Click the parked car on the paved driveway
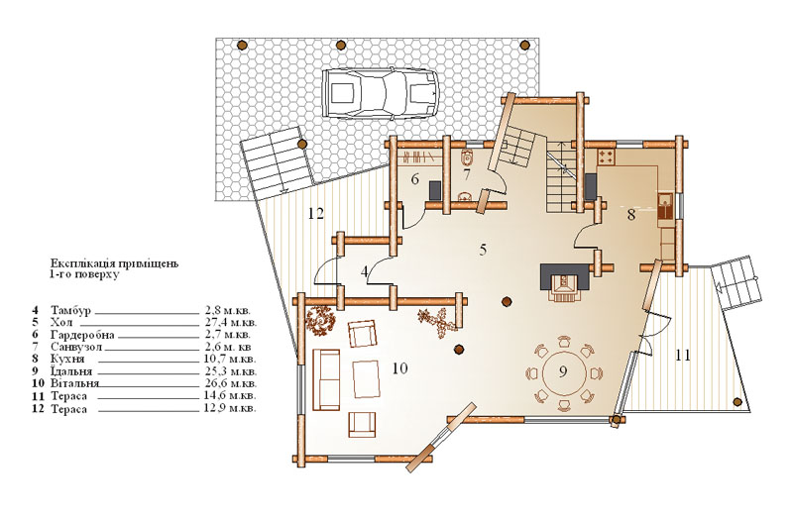380,93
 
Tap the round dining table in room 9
563,374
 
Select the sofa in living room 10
326,379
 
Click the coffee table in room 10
366,378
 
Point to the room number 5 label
483,250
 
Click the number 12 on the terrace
315,214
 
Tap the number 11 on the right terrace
683,356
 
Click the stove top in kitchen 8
607,157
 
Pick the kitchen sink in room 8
666,206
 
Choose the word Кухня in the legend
67,360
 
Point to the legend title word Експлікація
80,263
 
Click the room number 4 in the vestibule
365,271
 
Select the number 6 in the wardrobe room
415,179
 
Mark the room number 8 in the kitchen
631,215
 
